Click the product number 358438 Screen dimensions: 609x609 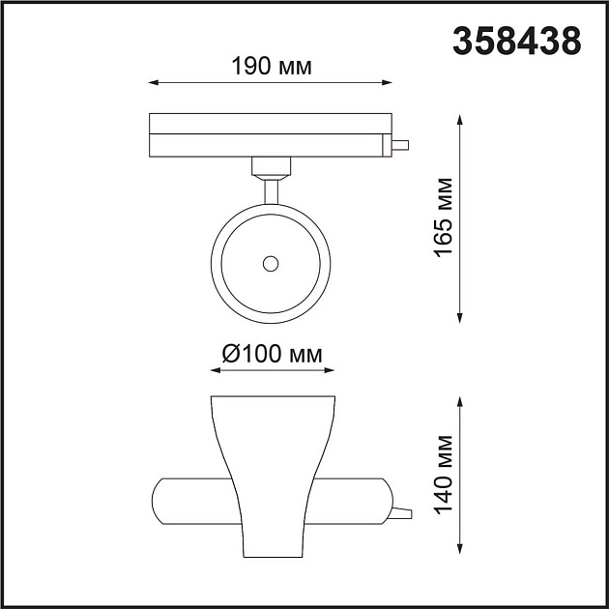pyautogui.click(x=517, y=40)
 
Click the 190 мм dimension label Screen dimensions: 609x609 pyautogui.click(x=272, y=67)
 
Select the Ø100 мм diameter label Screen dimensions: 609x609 pyautogui.click(x=272, y=354)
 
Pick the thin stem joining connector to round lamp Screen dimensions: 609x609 pyautogui.click(x=271, y=190)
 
